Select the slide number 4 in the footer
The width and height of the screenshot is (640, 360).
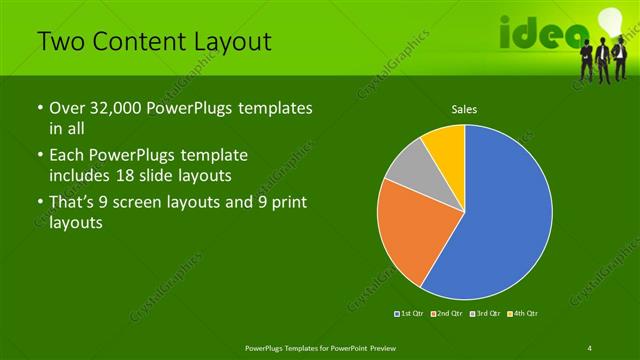coord(590,346)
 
